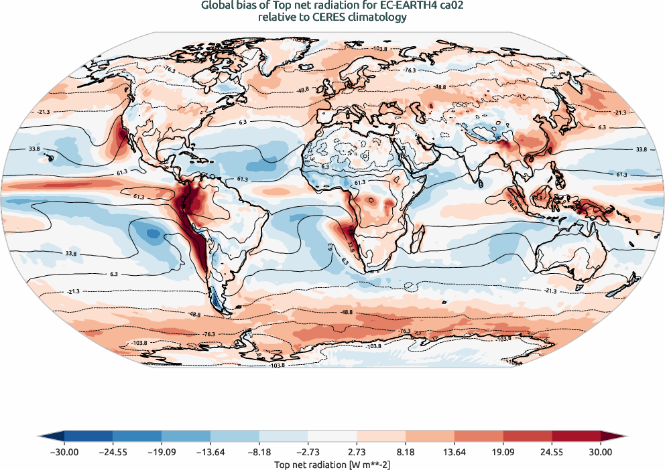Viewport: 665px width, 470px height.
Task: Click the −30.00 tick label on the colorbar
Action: coord(64,453)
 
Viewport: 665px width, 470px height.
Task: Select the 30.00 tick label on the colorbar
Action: coord(601,453)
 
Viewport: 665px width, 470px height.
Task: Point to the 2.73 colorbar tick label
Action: coord(357,453)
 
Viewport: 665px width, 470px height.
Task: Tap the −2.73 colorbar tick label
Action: coord(308,453)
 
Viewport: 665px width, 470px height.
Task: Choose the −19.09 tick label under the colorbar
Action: coord(162,453)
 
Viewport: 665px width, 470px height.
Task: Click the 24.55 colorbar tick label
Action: coord(552,453)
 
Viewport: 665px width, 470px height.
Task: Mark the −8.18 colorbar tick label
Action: coord(259,453)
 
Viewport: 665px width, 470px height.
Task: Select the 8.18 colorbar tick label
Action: coord(406,453)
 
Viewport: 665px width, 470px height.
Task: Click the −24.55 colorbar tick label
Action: coord(113,453)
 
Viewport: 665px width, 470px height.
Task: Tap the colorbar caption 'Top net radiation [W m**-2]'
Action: coord(332,463)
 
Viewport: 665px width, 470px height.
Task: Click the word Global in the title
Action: coord(217,6)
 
